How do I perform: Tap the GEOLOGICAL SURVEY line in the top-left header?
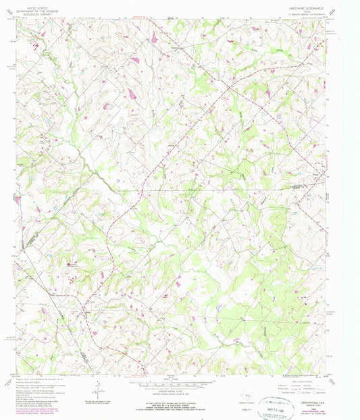tap(34, 12)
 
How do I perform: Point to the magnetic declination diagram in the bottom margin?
tap(99, 387)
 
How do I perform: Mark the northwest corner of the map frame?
tap(17, 18)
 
